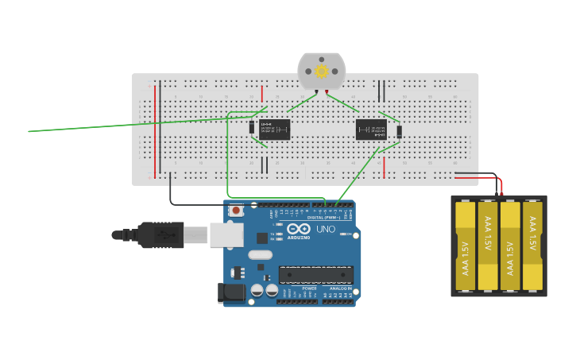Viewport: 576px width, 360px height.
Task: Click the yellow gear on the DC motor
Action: point(322,72)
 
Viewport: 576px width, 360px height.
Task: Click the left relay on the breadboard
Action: point(274,130)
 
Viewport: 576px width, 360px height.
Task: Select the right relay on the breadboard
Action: point(371,130)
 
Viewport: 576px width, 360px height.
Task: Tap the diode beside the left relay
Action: point(252,127)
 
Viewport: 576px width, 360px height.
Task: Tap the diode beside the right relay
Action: point(399,131)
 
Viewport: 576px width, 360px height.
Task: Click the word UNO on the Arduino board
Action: point(327,229)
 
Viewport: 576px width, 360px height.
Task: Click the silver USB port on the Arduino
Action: point(226,234)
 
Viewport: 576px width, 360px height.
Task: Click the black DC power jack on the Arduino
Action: point(232,292)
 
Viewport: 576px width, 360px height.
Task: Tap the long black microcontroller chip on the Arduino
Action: point(315,274)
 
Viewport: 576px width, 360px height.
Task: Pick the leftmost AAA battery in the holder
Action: point(465,245)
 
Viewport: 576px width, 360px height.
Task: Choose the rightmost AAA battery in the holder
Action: point(533,245)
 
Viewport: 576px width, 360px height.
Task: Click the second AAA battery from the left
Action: point(487,245)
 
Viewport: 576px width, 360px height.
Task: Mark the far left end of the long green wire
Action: point(30,131)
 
